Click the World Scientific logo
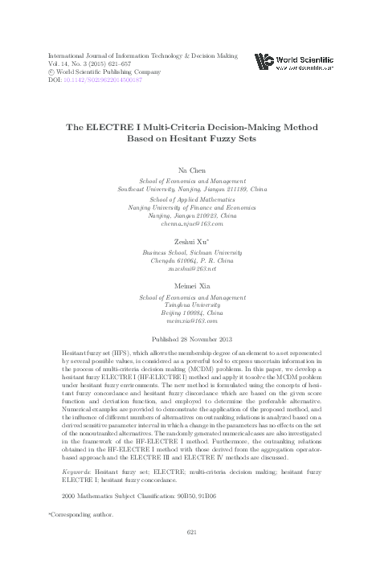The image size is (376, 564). click(x=293, y=62)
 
